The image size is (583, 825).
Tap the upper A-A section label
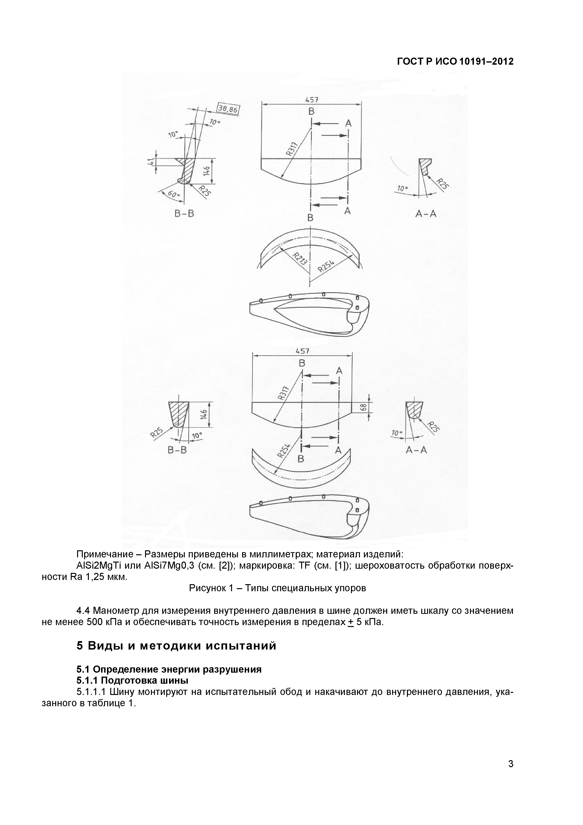coord(426,214)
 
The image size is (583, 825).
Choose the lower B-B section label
coord(177,450)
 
